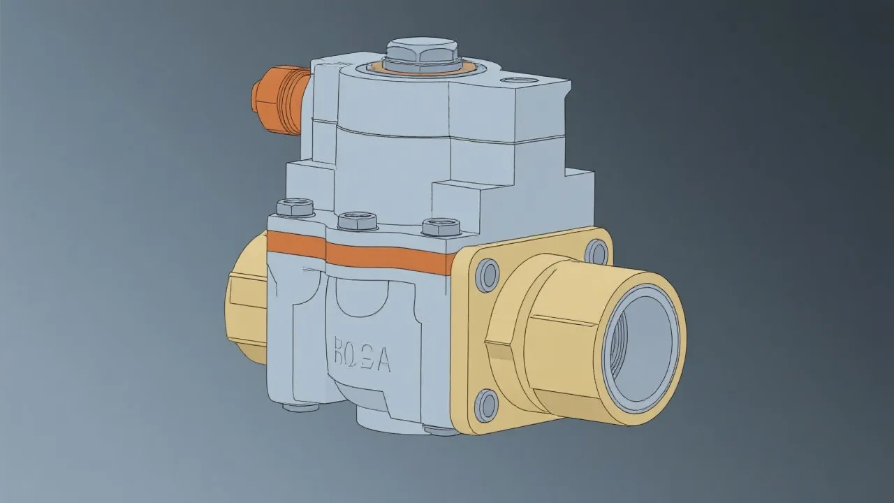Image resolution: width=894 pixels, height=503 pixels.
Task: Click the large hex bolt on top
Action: (421, 51)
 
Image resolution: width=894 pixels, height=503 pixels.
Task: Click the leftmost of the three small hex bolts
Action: (295, 207)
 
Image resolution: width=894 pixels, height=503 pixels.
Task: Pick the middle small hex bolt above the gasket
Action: (358, 221)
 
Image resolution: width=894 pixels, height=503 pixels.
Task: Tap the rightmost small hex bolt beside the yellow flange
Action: (441, 227)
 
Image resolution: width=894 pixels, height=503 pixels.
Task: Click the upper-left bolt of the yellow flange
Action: (488, 275)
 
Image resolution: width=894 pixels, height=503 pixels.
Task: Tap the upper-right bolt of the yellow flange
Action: (596, 250)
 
